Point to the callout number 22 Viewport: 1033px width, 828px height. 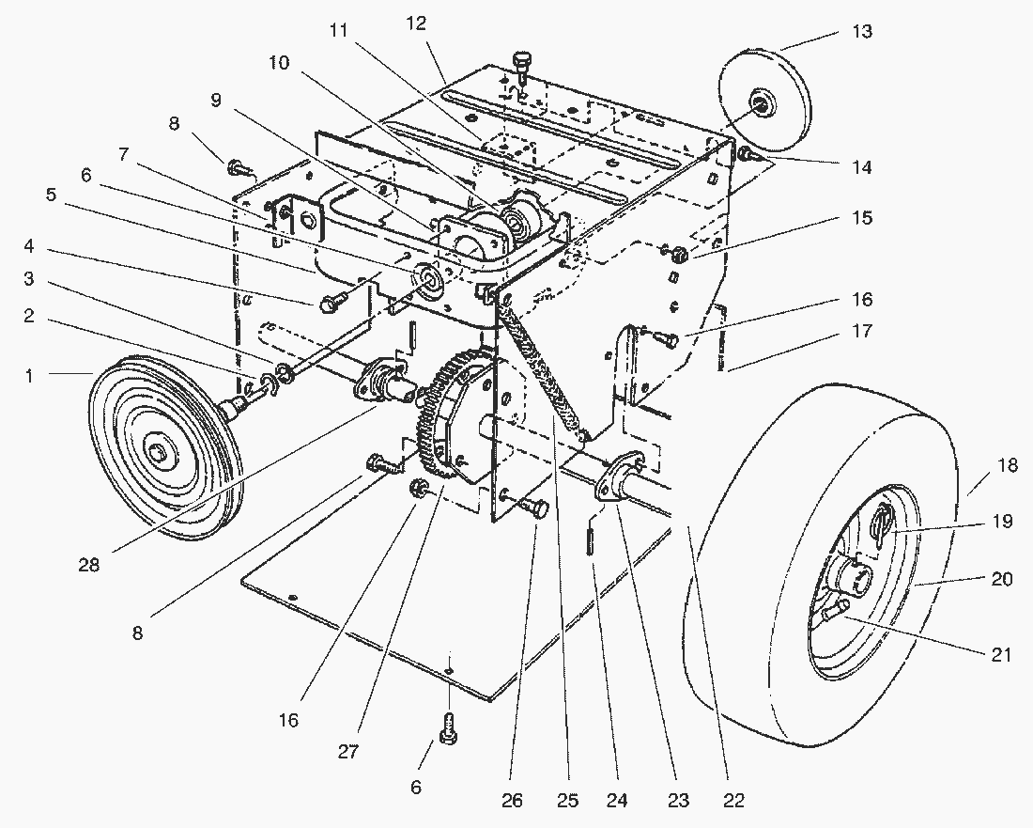733,801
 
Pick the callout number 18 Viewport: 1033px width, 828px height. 1007,466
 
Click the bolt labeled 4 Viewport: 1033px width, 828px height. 331,303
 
